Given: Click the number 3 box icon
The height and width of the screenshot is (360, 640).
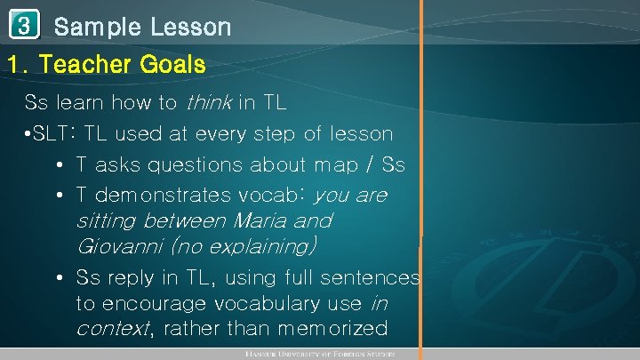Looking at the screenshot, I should [x=23, y=26].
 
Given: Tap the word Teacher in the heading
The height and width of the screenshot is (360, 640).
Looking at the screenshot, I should [x=90, y=65].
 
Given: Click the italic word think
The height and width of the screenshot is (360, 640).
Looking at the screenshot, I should [x=207, y=103].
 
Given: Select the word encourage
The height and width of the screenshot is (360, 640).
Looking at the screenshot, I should [x=152, y=304].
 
